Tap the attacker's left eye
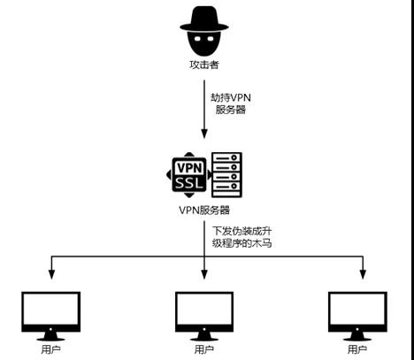pyautogui.click(x=197, y=39)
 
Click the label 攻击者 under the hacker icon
pyautogui.click(x=204, y=65)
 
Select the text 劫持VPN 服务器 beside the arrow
pyautogui.click(x=231, y=103)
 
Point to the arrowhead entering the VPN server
pyautogui.click(x=204, y=134)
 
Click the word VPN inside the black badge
pyautogui.click(x=190, y=168)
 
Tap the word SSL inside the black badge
pyautogui.click(x=189, y=183)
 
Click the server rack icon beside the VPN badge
pyautogui.click(x=226, y=174)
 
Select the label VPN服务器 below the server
pyautogui.click(x=204, y=211)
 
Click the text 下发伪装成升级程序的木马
pyautogui.click(x=241, y=237)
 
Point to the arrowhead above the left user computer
pyautogui.click(x=51, y=274)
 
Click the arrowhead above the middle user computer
pyautogui.click(x=204, y=274)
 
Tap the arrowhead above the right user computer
pyautogui.click(x=363, y=274)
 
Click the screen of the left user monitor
pyautogui.click(x=51, y=309)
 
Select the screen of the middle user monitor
pyautogui.click(x=204, y=309)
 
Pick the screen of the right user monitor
pyautogui.click(x=357, y=309)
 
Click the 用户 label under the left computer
pyautogui.click(x=50, y=349)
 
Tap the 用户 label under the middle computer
pyautogui.click(x=204, y=349)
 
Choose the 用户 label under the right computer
pyautogui.click(x=357, y=349)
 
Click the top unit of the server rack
pyautogui.click(x=226, y=157)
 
